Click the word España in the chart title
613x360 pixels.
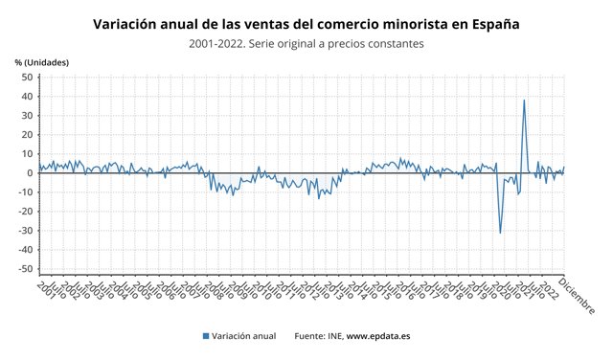(x=490, y=22)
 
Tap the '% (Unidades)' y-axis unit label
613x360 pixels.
(x=42, y=62)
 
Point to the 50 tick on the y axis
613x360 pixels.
(x=27, y=77)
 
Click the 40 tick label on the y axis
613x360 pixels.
(x=27, y=96)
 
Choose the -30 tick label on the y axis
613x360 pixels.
(x=25, y=231)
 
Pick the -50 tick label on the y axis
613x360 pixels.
(x=25, y=269)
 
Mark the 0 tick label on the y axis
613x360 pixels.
(x=30, y=173)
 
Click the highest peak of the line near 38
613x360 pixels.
(x=524, y=100)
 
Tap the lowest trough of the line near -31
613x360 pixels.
(x=500, y=233)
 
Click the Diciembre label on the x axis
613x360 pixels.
(x=577, y=295)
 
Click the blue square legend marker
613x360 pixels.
(x=205, y=336)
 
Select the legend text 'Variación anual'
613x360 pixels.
(x=243, y=336)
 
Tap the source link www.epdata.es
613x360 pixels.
(x=378, y=336)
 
